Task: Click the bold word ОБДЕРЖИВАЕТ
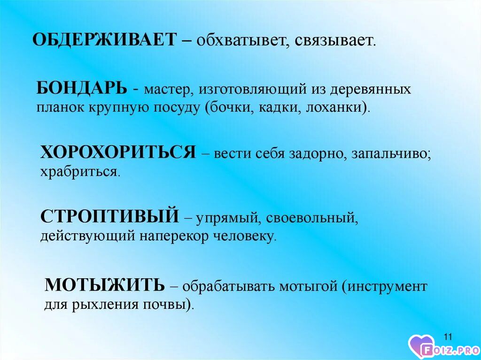tap(105, 40)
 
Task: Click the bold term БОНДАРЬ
tap(82, 89)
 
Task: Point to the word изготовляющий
tap(253, 90)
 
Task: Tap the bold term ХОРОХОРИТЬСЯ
tap(118, 152)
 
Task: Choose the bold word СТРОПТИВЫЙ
tap(109, 215)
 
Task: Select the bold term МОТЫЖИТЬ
tap(105, 285)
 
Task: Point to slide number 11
tap(448, 337)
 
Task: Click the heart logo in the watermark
tap(421, 346)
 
